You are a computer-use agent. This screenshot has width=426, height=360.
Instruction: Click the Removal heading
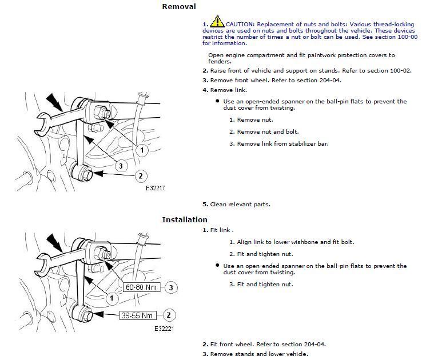click(x=179, y=7)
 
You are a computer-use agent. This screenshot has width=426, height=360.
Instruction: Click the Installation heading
click(x=184, y=219)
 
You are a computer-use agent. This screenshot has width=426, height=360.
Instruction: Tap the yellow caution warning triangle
click(x=217, y=23)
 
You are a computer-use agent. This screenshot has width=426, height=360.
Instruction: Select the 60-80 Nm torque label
click(x=142, y=287)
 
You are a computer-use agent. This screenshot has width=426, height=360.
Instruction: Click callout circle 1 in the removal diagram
click(x=141, y=150)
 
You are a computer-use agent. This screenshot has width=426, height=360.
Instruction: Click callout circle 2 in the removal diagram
click(x=141, y=176)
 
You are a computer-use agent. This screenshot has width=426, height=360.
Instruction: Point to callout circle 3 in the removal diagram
click(x=120, y=166)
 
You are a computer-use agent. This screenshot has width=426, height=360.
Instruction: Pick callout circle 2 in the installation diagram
click(x=169, y=314)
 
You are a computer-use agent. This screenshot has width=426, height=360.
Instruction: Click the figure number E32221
click(x=164, y=329)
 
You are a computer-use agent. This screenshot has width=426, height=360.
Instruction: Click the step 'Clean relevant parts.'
click(x=240, y=204)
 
